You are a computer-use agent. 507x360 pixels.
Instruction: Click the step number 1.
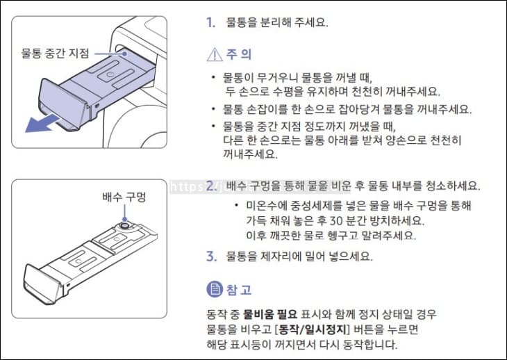[210, 22]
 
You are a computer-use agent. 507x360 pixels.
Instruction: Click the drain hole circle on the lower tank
[124, 224]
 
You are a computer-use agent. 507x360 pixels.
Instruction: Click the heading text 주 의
[239, 54]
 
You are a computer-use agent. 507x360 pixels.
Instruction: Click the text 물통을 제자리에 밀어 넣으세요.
[299, 256]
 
